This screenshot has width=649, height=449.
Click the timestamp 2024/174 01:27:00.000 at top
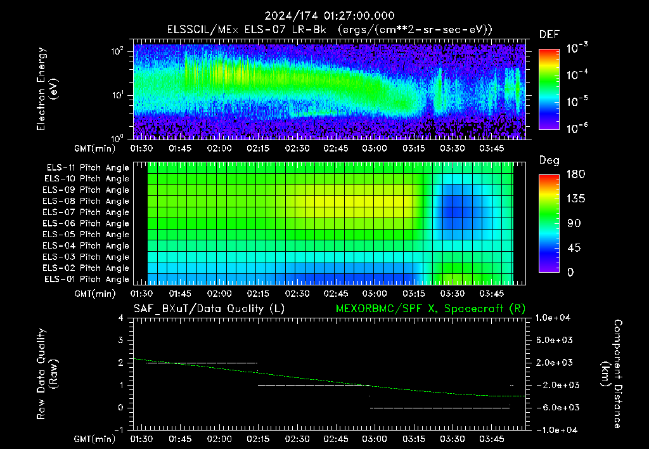(x=330, y=16)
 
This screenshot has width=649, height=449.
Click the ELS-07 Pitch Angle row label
(x=86, y=212)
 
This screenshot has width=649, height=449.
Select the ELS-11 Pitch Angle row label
(x=87, y=168)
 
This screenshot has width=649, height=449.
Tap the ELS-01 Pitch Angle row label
(x=86, y=279)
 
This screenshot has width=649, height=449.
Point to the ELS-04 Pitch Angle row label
(x=86, y=245)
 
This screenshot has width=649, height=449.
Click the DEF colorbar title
(x=549, y=34)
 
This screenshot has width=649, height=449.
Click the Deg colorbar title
(x=549, y=160)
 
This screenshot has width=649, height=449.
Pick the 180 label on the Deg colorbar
(x=575, y=174)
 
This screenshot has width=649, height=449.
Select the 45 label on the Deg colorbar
(x=574, y=248)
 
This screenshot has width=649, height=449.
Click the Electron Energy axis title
(x=47, y=89)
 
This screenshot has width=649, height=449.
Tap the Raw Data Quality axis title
(x=47, y=374)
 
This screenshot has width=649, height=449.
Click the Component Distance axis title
(x=611, y=374)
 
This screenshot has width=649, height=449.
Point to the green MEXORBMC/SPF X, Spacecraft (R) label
(x=430, y=309)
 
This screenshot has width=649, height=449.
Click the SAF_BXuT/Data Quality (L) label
(x=209, y=309)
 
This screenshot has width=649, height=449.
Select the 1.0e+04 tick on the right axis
(x=553, y=318)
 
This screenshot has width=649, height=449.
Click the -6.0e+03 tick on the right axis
(x=555, y=408)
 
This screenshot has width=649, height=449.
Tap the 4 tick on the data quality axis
(x=121, y=318)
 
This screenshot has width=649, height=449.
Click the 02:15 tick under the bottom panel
(x=259, y=439)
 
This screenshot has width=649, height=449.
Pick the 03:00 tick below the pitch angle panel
(x=375, y=294)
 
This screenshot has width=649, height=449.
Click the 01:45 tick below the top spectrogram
(x=180, y=148)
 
